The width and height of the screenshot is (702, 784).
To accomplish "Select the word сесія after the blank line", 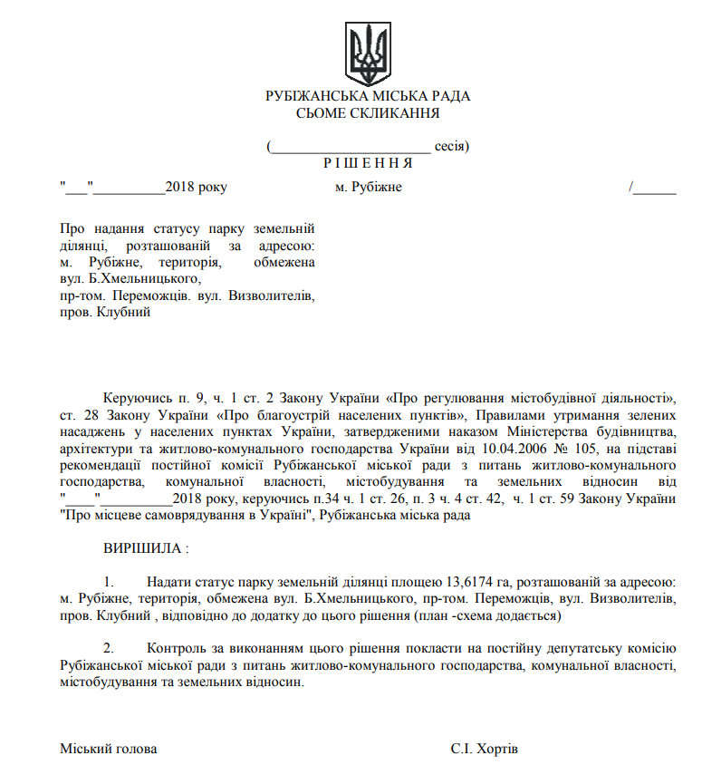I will point(449,145).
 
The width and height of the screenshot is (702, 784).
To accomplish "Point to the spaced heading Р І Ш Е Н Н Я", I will point(368,163).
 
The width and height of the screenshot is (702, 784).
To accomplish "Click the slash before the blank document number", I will point(630,187).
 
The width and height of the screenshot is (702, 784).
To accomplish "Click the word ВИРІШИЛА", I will point(143,548).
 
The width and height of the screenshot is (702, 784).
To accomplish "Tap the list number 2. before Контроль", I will point(109,648).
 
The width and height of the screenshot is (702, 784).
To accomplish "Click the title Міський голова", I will point(108,749).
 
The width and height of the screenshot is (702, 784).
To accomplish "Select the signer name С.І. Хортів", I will point(485,749).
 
